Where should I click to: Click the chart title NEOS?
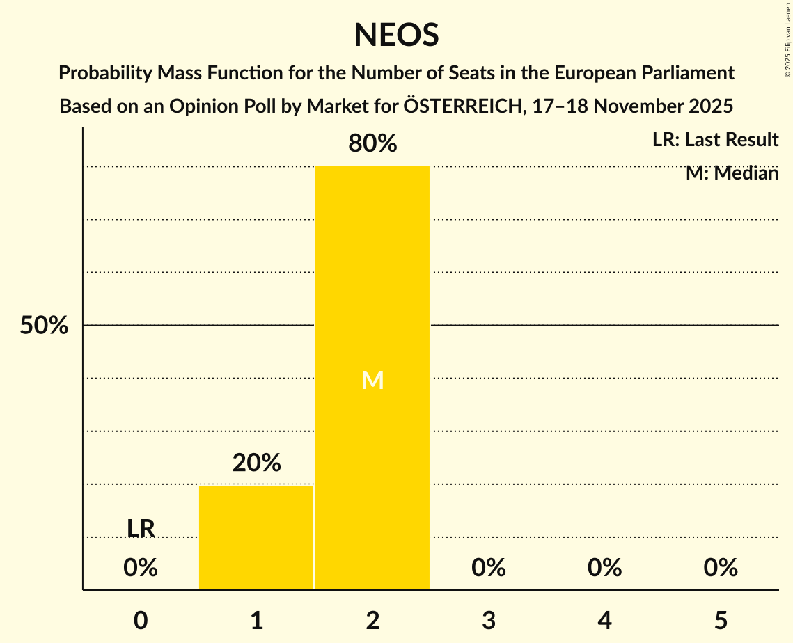tap(396, 35)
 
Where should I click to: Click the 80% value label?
tap(372, 144)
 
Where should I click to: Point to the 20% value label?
tap(256, 463)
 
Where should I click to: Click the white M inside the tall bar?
tap(372, 380)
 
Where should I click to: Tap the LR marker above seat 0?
tap(141, 529)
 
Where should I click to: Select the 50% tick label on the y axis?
tap(44, 326)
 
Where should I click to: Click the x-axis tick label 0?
tap(141, 621)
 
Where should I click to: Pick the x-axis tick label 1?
tap(256, 621)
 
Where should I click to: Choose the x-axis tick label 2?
tap(372, 621)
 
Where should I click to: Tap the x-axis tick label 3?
tap(489, 621)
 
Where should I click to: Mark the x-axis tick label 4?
tap(604, 621)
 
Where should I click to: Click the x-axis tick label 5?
tap(721, 621)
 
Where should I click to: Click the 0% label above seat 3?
tap(489, 569)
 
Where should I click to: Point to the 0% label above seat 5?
tap(721, 569)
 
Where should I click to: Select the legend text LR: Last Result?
tap(715, 140)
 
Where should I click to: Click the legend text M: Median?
tap(732, 173)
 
